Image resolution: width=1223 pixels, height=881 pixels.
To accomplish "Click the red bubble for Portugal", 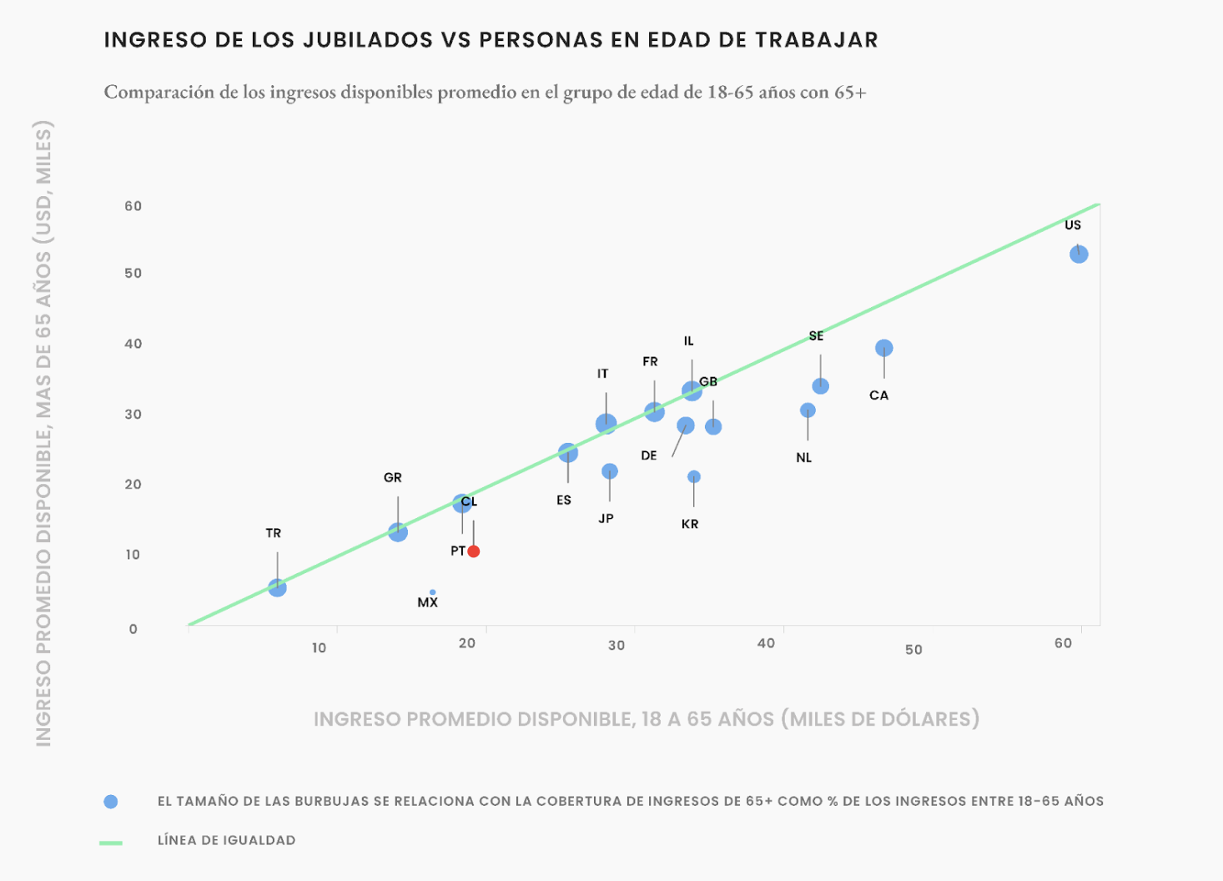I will pyautogui.click(x=473, y=551).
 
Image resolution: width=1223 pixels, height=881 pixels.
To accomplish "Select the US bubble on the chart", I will pyautogui.click(x=1079, y=254).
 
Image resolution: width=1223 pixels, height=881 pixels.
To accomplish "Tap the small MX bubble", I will pyautogui.click(x=432, y=592).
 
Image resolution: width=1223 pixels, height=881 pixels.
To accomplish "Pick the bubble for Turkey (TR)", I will pyautogui.click(x=277, y=588).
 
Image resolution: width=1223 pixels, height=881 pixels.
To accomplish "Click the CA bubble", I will pyautogui.click(x=884, y=348).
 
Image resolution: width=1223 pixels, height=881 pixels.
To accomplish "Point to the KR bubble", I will pyautogui.click(x=693, y=477).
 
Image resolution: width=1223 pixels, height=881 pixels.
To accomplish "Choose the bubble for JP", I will pyautogui.click(x=610, y=471).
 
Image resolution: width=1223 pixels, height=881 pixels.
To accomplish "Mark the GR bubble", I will pyautogui.click(x=398, y=532).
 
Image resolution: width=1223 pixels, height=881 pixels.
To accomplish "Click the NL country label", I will pyautogui.click(x=803, y=458).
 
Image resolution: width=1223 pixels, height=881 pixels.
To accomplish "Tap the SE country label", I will pyautogui.click(x=816, y=336).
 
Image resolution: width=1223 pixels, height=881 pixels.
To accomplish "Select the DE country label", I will pyautogui.click(x=649, y=456).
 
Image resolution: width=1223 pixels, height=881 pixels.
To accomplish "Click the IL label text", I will pyautogui.click(x=688, y=341).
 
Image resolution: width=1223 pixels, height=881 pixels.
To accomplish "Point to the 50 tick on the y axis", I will pyautogui.click(x=133, y=274).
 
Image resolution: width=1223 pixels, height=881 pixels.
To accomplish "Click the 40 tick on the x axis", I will pyautogui.click(x=766, y=643).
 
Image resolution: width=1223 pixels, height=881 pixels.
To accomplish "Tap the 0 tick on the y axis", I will pyautogui.click(x=133, y=629).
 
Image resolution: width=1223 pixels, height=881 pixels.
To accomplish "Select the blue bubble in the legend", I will pyautogui.click(x=110, y=802).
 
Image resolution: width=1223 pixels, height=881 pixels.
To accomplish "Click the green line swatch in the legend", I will pyautogui.click(x=110, y=843).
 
